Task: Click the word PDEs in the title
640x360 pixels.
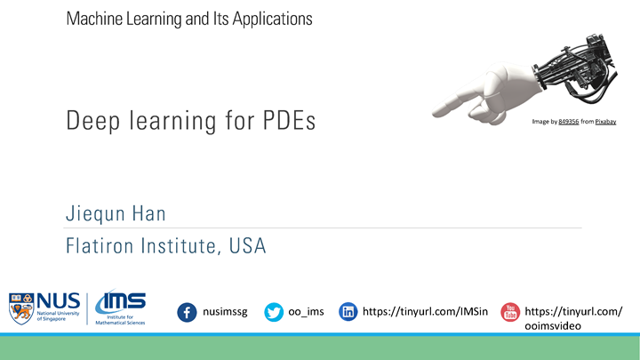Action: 290,122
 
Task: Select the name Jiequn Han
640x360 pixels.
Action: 115,214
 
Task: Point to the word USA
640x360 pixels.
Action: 244,246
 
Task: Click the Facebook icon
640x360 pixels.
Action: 187,312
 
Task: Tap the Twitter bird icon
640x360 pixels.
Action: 274,312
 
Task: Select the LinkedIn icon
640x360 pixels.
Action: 348,312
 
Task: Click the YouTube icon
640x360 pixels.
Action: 510,312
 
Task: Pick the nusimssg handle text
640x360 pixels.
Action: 226,312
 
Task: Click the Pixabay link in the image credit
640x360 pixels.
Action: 605,122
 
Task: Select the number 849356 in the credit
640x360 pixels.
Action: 569,122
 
